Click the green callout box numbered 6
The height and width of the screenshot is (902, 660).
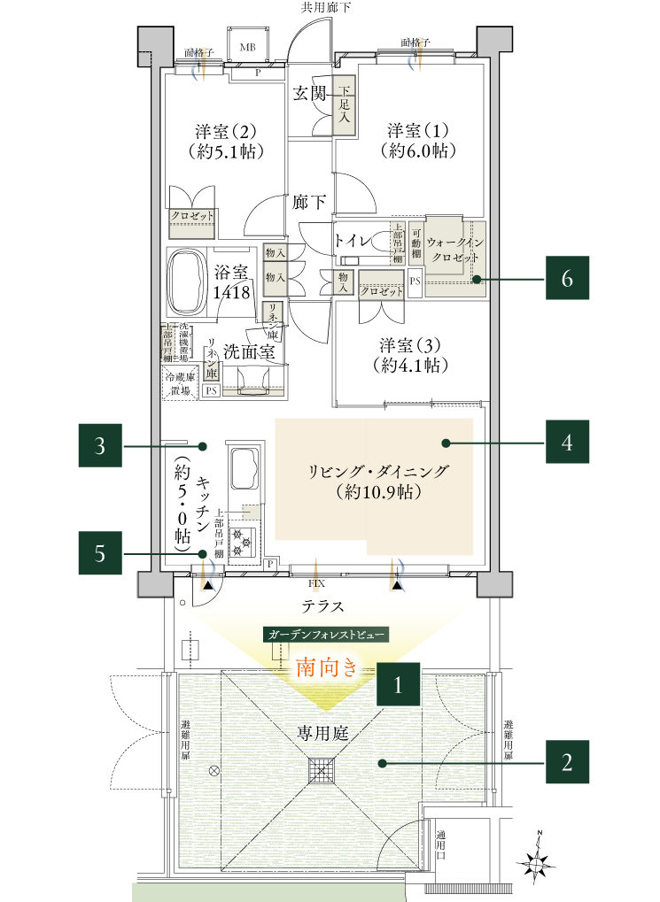point(567,280)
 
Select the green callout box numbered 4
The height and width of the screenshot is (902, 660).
point(567,442)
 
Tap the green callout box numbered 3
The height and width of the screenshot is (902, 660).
point(100,445)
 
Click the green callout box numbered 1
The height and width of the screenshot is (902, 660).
point(399,684)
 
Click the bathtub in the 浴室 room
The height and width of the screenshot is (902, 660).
point(186,282)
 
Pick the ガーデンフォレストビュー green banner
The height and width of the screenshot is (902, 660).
point(325,636)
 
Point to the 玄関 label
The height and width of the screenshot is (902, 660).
point(310,93)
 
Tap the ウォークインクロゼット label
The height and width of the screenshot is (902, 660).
point(454,249)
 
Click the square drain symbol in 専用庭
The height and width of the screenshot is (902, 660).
point(322,770)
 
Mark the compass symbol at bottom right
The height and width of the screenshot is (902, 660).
point(537,865)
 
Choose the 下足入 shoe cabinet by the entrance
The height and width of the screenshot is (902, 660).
point(345,111)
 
